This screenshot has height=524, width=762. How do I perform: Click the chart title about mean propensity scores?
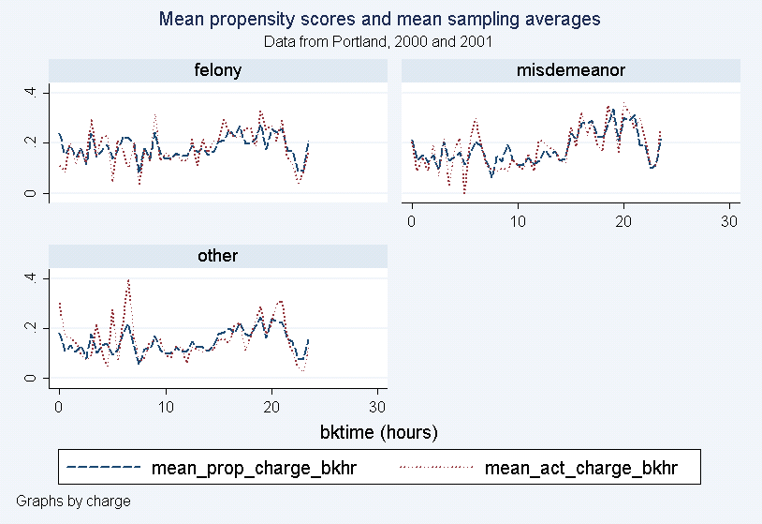coord(379,19)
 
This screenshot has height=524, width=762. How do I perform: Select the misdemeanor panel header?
coord(570,70)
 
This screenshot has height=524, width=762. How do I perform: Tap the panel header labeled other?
coord(217,256)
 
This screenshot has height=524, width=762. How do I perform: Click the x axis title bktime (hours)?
coord(379,433)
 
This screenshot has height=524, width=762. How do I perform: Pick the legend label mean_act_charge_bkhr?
coord(580,467)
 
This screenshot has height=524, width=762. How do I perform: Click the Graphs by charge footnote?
coord(73,502)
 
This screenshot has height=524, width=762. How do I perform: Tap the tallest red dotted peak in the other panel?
coord(128,279)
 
